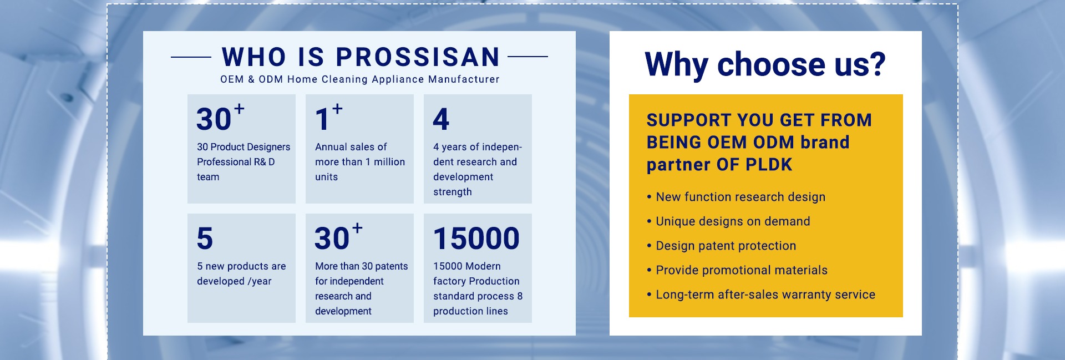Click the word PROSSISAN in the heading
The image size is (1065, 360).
(418, 57)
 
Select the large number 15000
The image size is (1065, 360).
(476, 239)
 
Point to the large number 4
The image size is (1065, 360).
(441, 119)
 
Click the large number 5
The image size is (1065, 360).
(205, 239)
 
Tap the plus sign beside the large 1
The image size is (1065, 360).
(337, 109)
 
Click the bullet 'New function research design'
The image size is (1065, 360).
(736, 197)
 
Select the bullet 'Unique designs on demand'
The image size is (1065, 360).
(728, 221)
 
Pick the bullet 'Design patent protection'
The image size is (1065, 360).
(722, 246)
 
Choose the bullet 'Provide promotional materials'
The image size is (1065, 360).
(737, 270)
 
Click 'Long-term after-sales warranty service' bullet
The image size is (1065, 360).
(761, 295)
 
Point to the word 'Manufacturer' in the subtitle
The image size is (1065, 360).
(464, 79)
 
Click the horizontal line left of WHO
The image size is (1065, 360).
(191, 57)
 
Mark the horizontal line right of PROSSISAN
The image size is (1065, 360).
(528, 57)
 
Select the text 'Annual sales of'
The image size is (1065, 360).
(351, 147)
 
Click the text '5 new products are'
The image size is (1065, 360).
(241, 266)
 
